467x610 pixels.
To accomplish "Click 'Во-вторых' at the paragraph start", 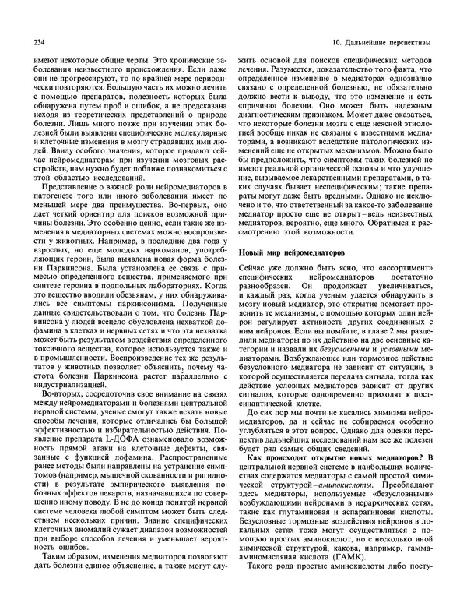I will pyautogui.click(x=61, y=419).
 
